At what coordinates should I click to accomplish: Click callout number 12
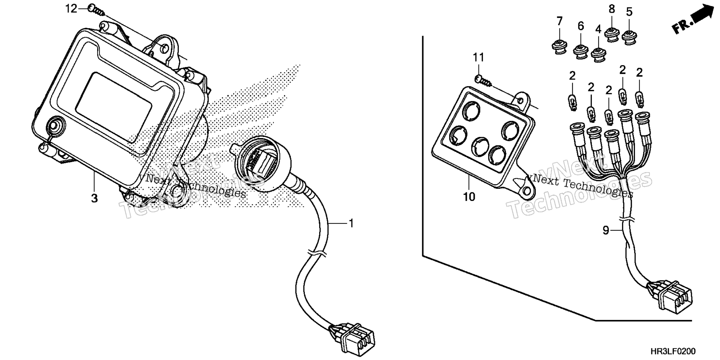point(71,8)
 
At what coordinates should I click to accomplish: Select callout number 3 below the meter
point(94,198)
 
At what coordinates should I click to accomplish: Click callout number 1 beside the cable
point(351,223)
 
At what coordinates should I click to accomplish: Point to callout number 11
point(478,58)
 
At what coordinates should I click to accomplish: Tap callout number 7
point(560,21)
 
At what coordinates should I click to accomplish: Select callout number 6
point(581,26)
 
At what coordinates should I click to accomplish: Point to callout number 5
point(629,12)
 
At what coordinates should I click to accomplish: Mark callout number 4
point(598,29)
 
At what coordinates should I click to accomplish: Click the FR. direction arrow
point(693,19)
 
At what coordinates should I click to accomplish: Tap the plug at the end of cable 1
point(351,337)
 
